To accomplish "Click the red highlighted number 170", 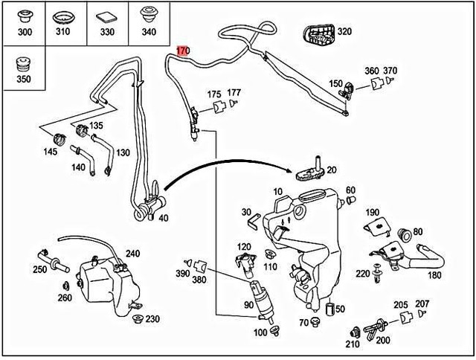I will pos(183,52).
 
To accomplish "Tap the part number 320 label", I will pos(345,32).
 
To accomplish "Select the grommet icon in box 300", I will pos(24,17).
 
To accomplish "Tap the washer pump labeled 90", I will pos(261,295).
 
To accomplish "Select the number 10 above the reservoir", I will pos(278,192).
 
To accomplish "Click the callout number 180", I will pos(434,274).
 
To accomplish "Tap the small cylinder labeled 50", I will pos(330,307).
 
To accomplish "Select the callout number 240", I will pos(132,254).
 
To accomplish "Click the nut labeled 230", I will pos(136,320).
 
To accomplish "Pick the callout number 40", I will pos(163,218).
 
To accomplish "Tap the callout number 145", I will pos(51,152).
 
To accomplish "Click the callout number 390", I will pos(183,274).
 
